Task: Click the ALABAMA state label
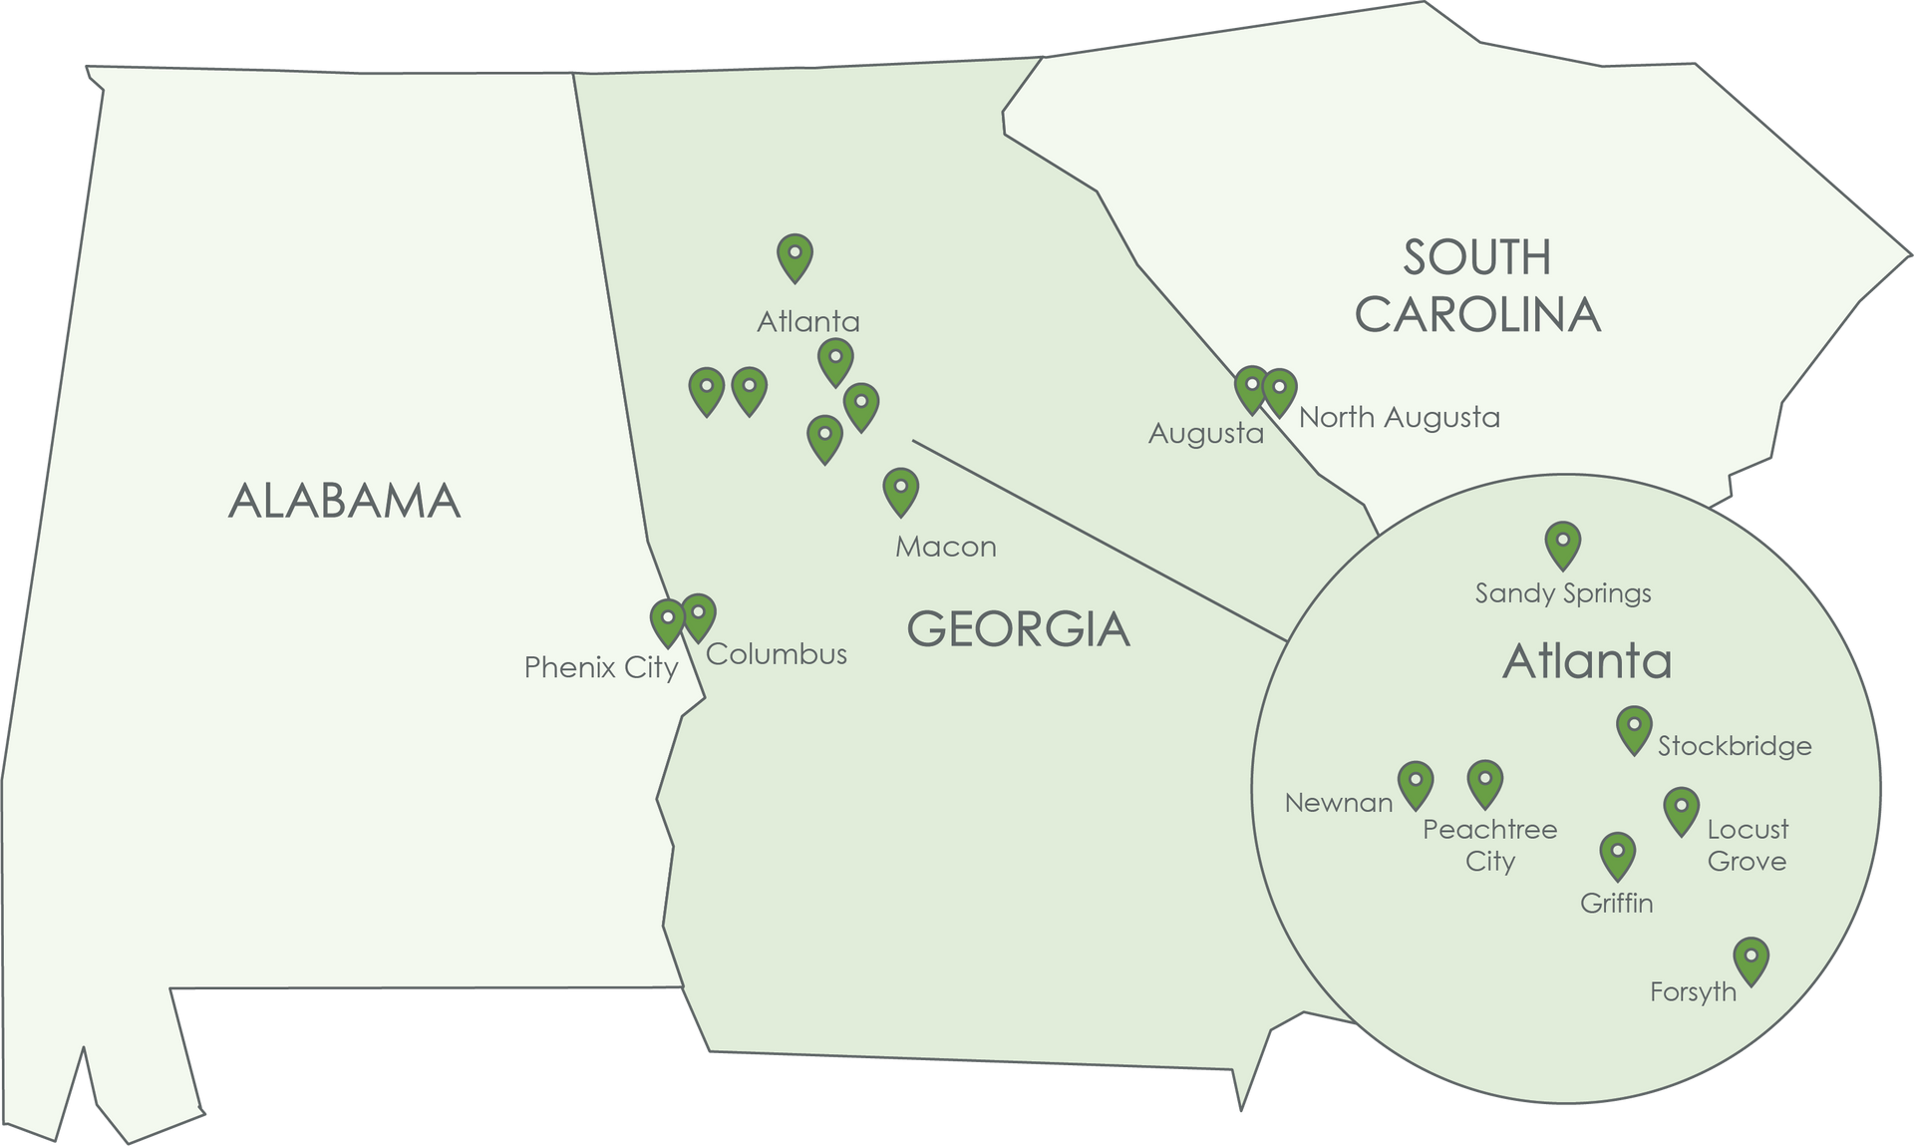[x=344, y=501]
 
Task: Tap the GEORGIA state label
[x=1018, y=629]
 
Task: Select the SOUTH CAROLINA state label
[x=1477, y=286]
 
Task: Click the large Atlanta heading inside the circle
[x=1587, y=661]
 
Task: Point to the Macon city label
[x=945, y=547]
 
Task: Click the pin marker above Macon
[x=901, y=490]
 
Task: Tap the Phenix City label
[x=600, y=667]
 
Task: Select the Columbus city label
[x=777, y=654]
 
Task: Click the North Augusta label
[x=1399, y=417]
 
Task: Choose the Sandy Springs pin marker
[x=1563, y=544]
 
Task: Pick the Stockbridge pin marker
[x=1634, y=728]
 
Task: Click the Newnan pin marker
[x=1416, y=783]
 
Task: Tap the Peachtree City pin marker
[x=1485, y=783]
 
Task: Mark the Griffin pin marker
[x=1617, y=855]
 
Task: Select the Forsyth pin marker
[x=1751, y=959]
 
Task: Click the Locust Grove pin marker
[x=1682, y=809]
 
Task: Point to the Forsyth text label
[x=1693, y=992]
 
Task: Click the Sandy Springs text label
[x=1563, y=593]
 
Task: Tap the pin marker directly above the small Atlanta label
[x=795, y=256]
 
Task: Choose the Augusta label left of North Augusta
[x=1205, y=434]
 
